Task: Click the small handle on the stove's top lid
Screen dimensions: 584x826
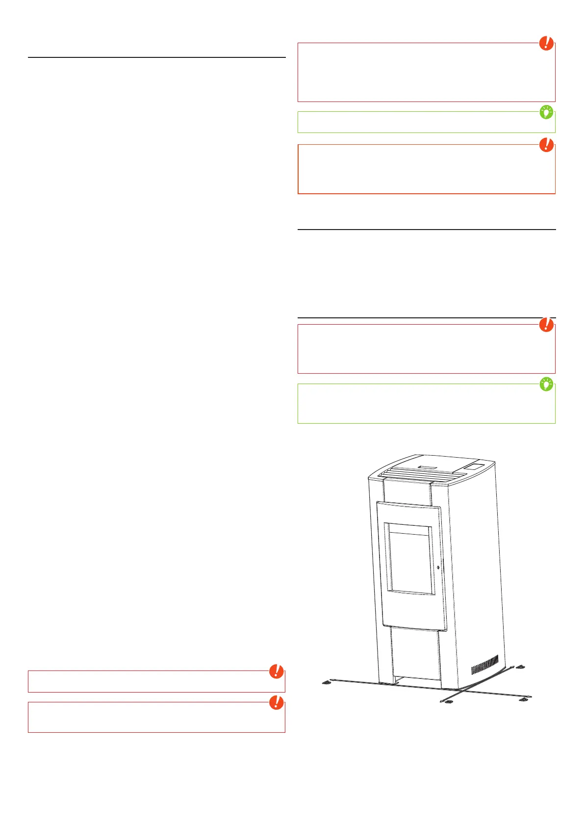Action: [x=426, y=463]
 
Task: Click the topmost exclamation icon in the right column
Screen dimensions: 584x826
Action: [x=546, y=43]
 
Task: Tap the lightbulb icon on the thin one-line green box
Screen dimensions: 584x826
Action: [x=546, y=112]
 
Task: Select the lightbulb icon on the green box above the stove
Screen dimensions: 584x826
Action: [x=546, y=385]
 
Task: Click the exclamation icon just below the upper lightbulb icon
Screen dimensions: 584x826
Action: [x=546, y=145]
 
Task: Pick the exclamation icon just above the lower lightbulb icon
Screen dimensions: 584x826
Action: [x=546, y=325]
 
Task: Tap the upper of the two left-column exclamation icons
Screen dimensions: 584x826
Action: [x=277, y=671]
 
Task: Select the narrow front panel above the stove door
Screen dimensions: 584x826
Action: [x=407, y=490]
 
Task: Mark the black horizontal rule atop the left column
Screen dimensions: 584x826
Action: [x=156, y=57]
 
